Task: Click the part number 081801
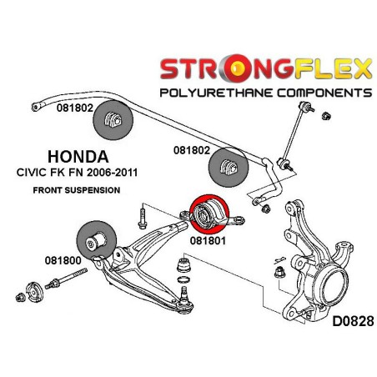pos(208,240)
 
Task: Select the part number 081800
pos(63,260)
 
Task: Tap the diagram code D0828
pos(353,322)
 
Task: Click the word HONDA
pos(78,157)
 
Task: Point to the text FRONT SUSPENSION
pos(77,190)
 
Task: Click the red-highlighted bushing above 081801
pos(209,214)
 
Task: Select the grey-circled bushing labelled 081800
pos(96,240)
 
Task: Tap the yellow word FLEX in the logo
pos(333,68)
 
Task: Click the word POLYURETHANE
pos(216,93)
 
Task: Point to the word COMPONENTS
pos(324,93)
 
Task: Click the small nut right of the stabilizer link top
pos(326,116)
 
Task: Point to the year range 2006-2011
pos(112,173)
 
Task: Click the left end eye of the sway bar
pos(36,107)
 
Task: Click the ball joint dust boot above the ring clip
pos(183,265)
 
